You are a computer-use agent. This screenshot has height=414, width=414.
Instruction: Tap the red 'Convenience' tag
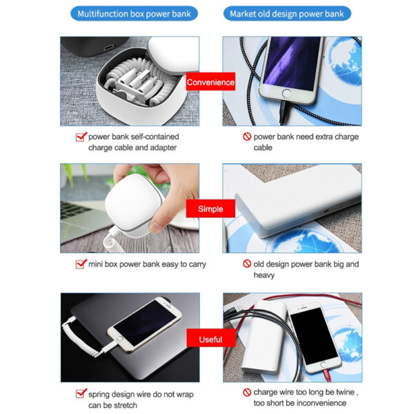(210, 82)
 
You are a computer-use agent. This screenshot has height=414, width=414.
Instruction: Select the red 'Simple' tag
(210, 209)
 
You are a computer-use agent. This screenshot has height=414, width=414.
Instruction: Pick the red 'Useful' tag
(210, 339)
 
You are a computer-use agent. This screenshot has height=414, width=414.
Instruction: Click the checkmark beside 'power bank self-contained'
(80, 137)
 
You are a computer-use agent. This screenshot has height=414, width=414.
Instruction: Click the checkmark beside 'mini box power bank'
(80, 264)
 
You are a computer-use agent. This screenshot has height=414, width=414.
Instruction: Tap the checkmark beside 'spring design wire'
(80, 394)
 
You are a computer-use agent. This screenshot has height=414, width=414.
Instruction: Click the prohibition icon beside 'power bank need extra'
(246, 137)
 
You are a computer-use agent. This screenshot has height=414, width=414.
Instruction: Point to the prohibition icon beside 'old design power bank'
(246, 264)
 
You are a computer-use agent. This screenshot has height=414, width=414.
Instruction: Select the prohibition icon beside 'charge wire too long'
(246, 392)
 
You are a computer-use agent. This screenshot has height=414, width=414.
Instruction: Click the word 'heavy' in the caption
(264, 275)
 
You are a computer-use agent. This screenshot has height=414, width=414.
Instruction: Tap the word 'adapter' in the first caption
(162, 148)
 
